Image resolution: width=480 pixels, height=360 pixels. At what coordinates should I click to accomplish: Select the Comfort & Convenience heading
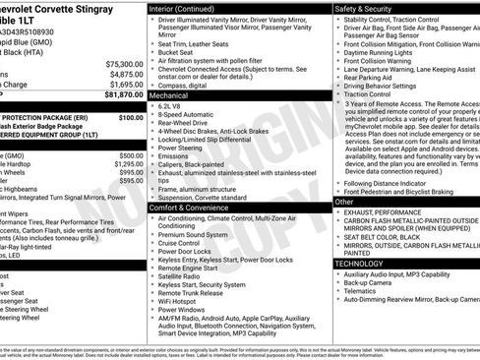pos(191,208)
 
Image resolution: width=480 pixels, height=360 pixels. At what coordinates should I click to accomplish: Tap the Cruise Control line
pos(185,244)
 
